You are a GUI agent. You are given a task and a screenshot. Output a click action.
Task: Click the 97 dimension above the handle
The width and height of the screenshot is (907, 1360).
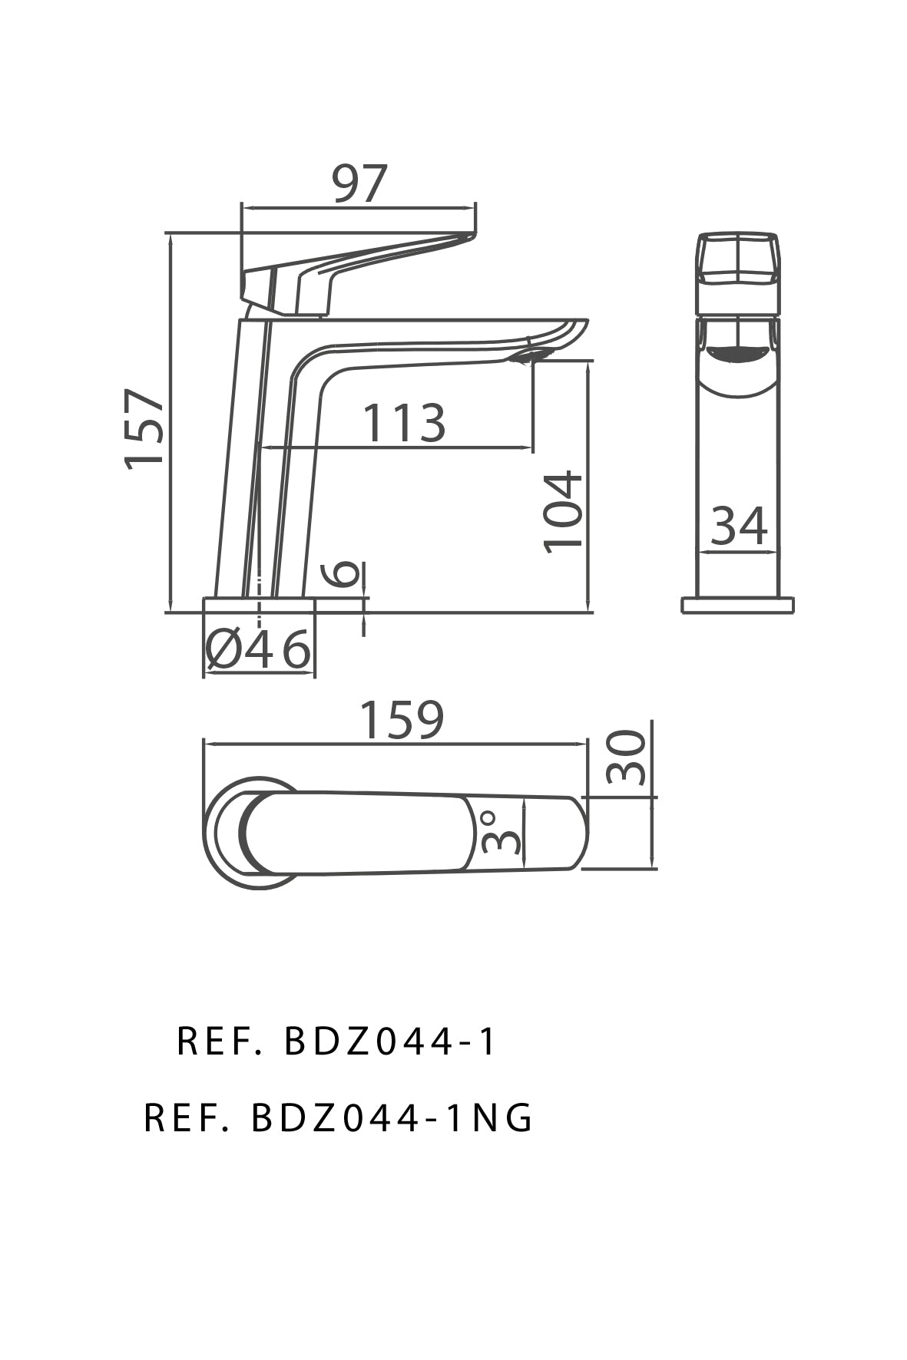click(x=359, y=184)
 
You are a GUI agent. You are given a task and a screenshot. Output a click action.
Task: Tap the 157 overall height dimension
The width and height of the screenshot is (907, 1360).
click(x=145, y=427)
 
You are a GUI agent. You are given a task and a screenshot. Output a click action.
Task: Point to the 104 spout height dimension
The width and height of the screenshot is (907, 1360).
click(x=564, y=511)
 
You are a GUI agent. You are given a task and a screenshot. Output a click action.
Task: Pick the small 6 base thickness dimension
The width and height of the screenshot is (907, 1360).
click(x=346, y=574)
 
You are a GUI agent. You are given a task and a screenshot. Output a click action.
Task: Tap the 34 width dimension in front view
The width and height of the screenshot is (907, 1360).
click(x=738, y=527)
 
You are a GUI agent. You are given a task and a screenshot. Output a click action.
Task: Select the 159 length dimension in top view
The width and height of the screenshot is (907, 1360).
click(x=402, y=721)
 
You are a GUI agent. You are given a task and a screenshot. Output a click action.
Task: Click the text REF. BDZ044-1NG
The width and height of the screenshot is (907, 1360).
click(x=338, y=1119)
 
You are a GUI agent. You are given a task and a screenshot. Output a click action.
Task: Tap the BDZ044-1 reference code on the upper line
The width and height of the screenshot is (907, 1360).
click(x=392, y=1042)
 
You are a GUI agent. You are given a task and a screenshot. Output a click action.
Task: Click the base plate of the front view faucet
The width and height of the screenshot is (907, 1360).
click(x=737, y=605)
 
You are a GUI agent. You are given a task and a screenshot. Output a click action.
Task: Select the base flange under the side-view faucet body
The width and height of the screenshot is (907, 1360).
click(x=259, y=605)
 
